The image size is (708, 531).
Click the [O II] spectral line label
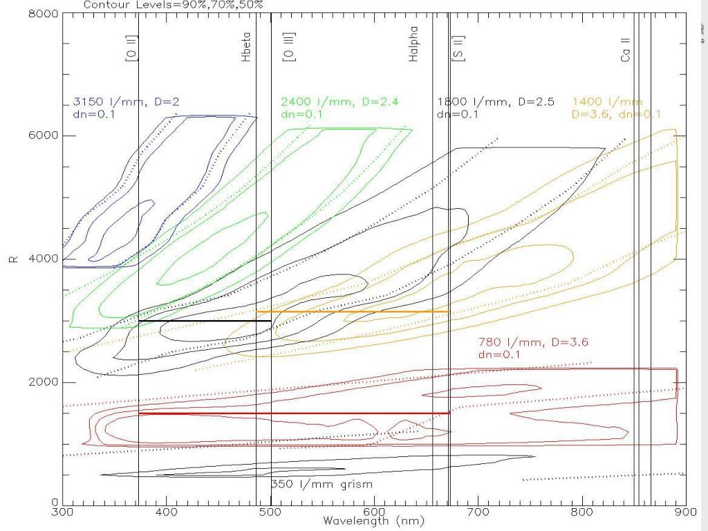(x=130, y=49)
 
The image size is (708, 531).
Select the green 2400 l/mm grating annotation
(x=339, y=108)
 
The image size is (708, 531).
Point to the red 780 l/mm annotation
(x=533, y=348)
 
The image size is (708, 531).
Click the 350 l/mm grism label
(x=322, y=483)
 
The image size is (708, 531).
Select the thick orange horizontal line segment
(x=353, y=312)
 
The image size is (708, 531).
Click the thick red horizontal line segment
(x=294, y=413)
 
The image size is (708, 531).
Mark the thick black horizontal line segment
(x=205, y=321)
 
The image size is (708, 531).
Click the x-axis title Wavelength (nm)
(x=373, y=521)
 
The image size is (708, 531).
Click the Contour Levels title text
(x=174, y=6)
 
